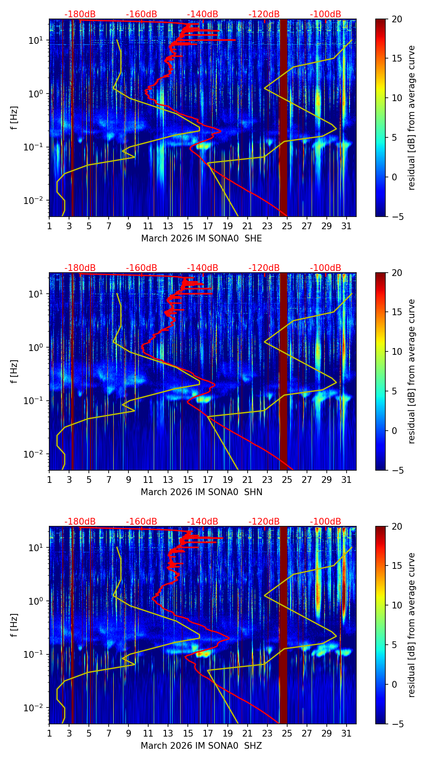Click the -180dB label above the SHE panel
click(x=80, y=14)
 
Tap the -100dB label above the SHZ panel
click(x=326, y=522)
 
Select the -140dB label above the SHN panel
click(x=203, y=268)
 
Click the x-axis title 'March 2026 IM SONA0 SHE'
click(x=201, y=238)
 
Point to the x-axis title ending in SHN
click(x=201, y=492)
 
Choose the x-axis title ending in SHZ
click(x=201, y=746)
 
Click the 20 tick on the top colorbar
click(x=397, y=19)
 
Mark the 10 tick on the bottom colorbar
click(x=397, y=605)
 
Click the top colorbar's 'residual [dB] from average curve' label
click(x=412, y=118)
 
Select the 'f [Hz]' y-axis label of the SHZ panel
click(x=14, y=625)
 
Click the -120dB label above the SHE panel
click(x=264, y=14)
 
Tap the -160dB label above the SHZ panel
click(x=141, y=522)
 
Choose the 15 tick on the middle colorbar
click(x=397, y=312)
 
